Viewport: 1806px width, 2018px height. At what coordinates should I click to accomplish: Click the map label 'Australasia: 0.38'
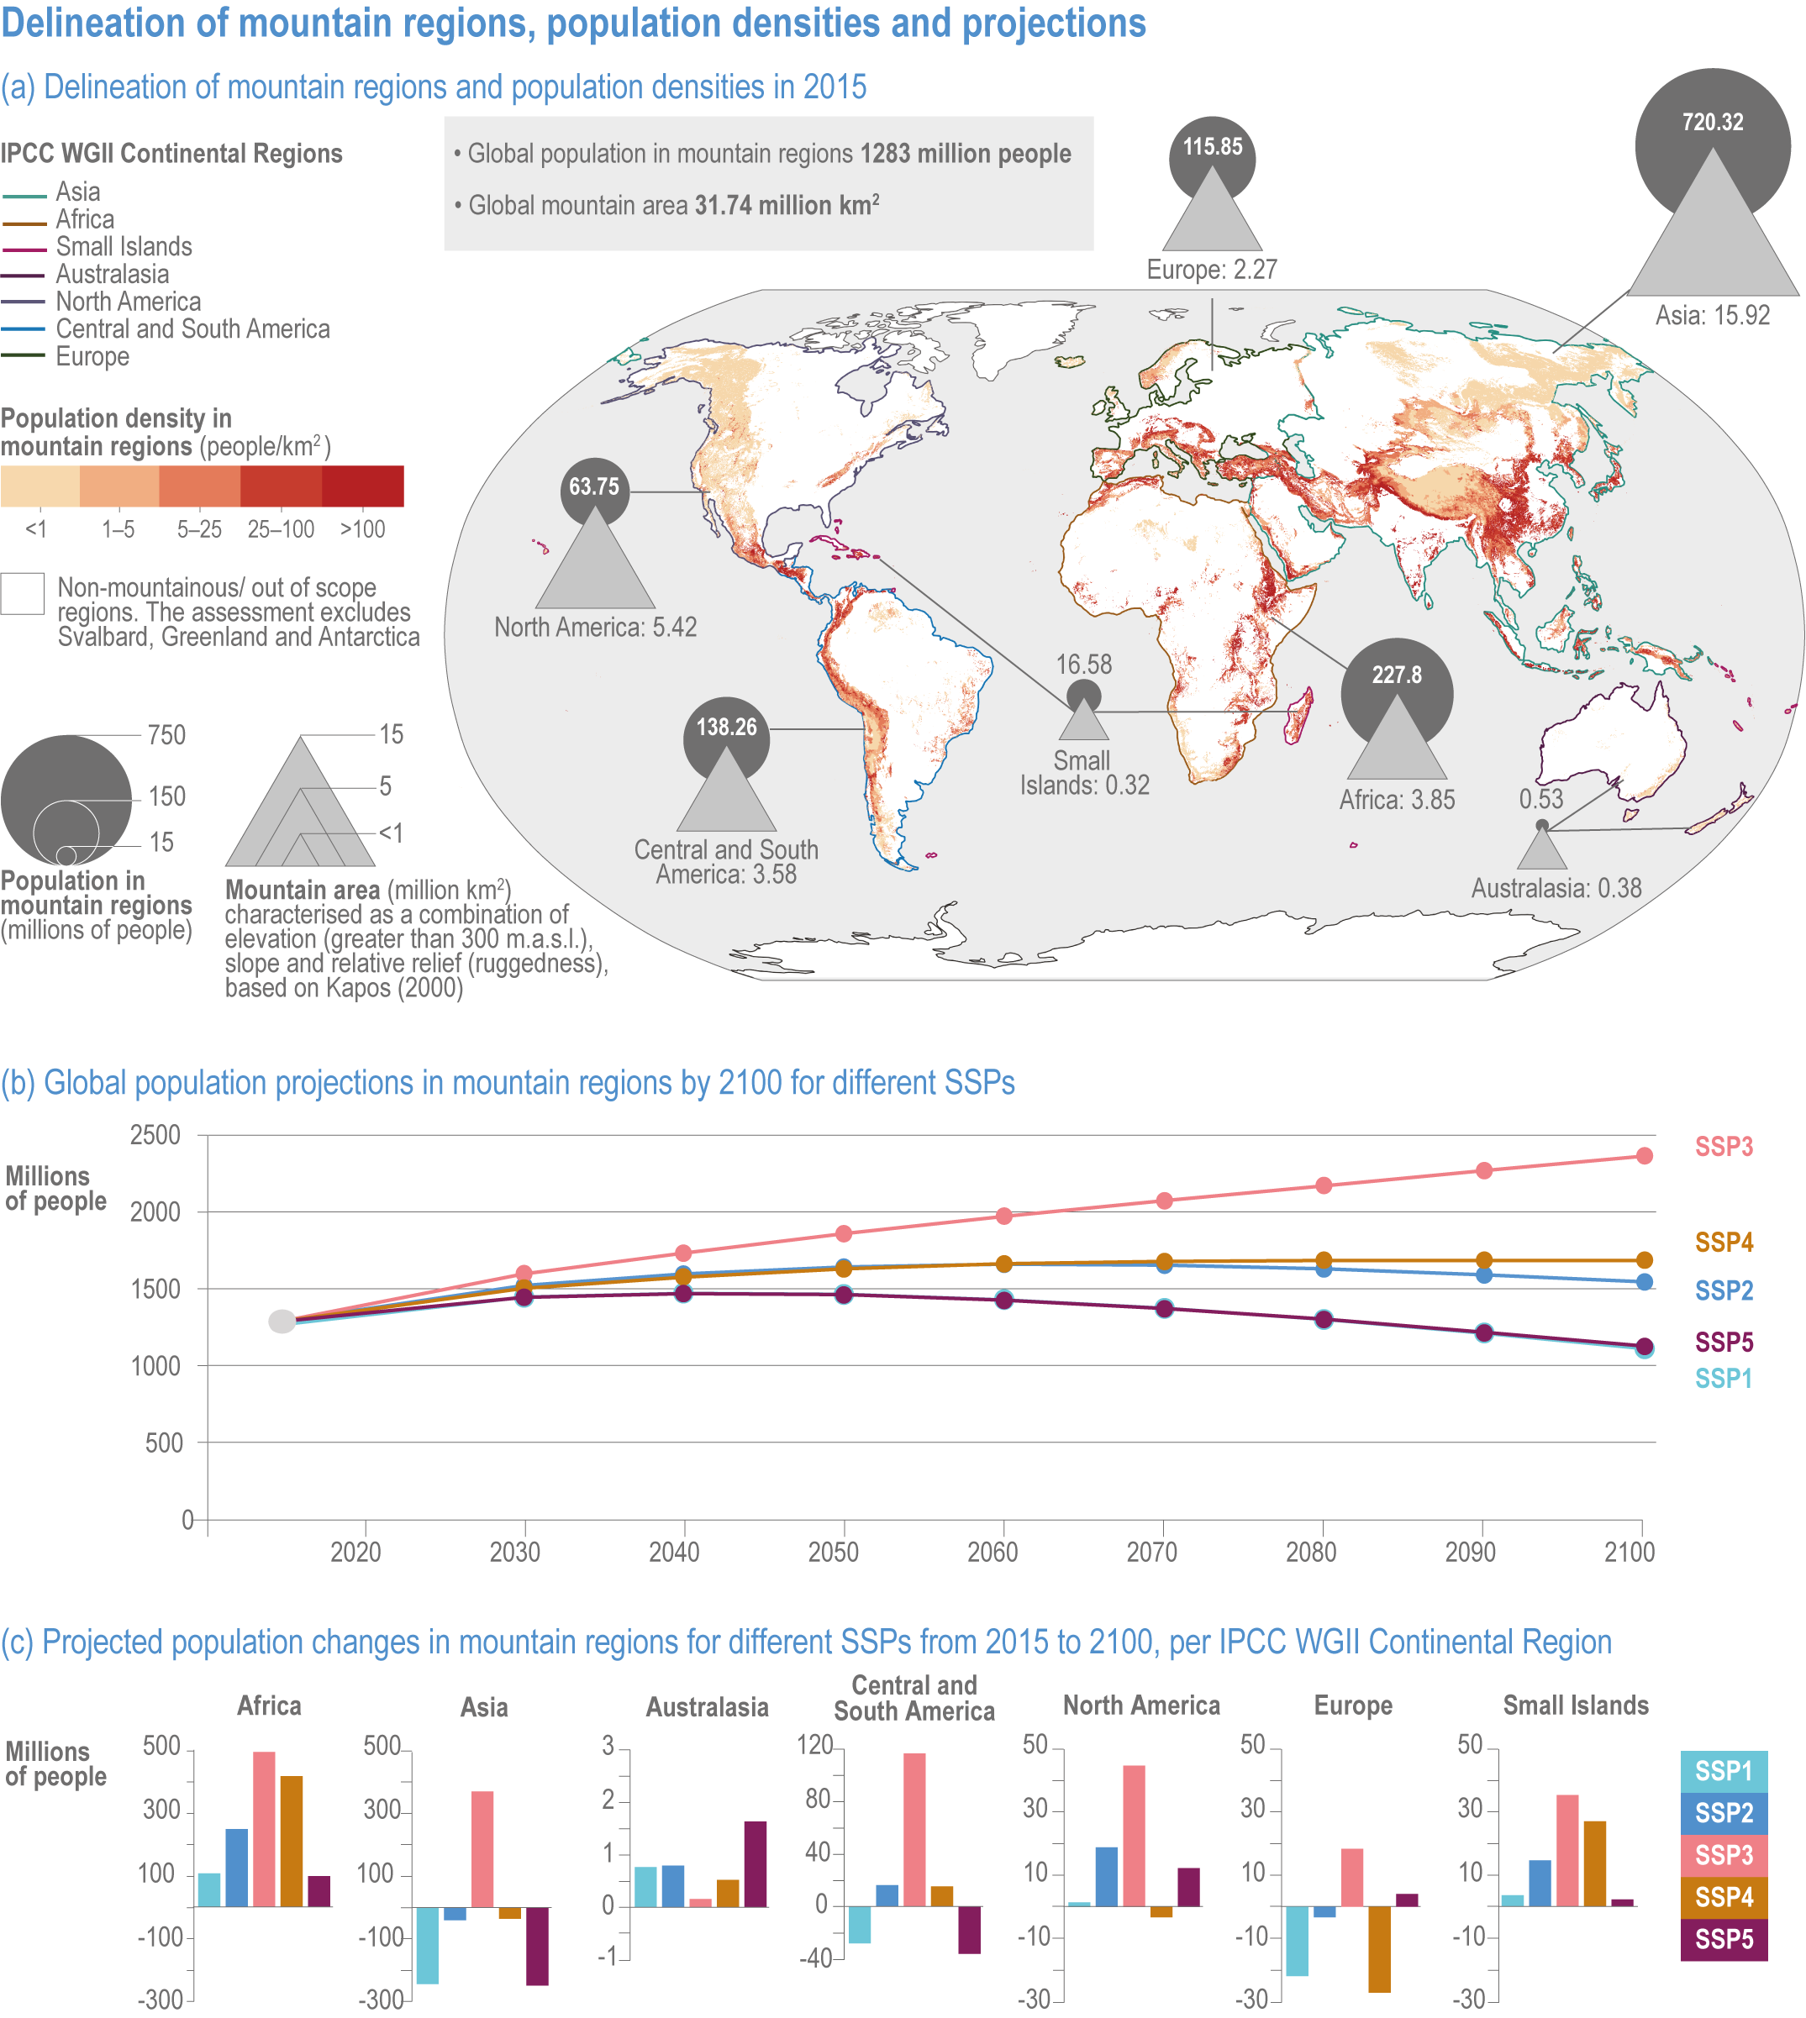point(1556,888)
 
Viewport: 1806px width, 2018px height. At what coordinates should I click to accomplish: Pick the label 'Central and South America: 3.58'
point(726,862)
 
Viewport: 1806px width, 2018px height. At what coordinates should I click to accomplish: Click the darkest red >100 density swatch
point(362,486)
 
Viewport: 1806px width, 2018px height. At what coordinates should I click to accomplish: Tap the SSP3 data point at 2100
point(1643,1156)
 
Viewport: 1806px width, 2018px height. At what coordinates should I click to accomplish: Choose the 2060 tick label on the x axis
point(993,1552)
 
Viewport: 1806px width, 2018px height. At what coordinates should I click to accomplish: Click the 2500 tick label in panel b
point(155,1135)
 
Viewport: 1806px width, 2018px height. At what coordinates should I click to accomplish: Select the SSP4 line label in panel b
point(1724,1243)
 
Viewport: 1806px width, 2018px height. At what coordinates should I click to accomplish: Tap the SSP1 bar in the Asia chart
point(428,1945)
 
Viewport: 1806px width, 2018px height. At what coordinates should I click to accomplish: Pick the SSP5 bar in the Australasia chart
point(756,1863)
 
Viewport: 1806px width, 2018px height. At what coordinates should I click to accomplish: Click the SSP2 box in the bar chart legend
point(1724,1813)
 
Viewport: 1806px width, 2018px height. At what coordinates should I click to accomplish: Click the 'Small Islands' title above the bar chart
point(1575,1705)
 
